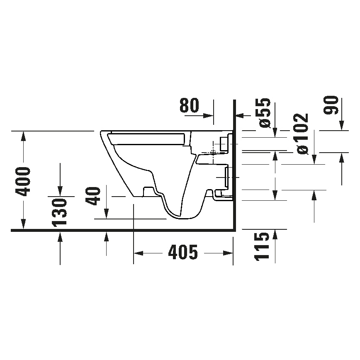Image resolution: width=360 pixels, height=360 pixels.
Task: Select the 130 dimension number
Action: [61, 212]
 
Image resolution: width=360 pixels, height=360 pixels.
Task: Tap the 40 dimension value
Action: [95, 196]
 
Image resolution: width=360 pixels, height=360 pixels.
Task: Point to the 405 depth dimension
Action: [183, 252]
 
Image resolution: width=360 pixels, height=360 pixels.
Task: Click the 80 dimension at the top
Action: [190, 106]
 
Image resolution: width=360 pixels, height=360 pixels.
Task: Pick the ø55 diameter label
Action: [265, 113]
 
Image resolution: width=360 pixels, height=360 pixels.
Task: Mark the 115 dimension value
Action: [263, 246]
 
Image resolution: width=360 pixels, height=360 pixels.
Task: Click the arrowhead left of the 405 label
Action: [138, 252]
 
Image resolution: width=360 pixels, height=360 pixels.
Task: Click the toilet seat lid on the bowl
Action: [147, 139]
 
